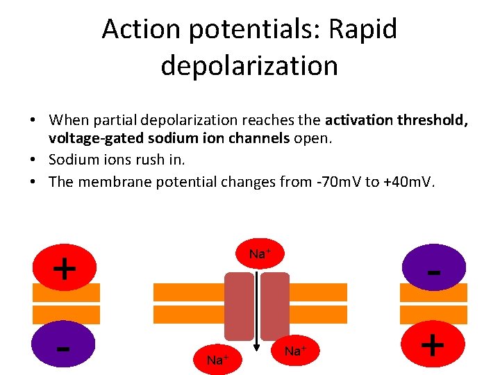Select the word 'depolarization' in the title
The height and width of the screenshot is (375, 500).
click(x=249, y=65)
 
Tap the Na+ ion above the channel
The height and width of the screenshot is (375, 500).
click(x=260, y=254)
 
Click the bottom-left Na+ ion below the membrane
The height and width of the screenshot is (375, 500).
click(x=218, y=359)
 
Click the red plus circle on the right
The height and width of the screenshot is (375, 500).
click(x=433, y=344)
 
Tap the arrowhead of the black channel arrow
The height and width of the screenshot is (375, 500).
click(x=256, y=349)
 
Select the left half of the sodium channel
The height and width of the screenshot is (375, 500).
click(x=240, y=306)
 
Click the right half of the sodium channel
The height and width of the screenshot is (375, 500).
click(x=274, y=306)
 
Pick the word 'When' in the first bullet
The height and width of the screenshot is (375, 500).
click(x=69, y=120)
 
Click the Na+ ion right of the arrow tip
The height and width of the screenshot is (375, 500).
click(x=294, y=351)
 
